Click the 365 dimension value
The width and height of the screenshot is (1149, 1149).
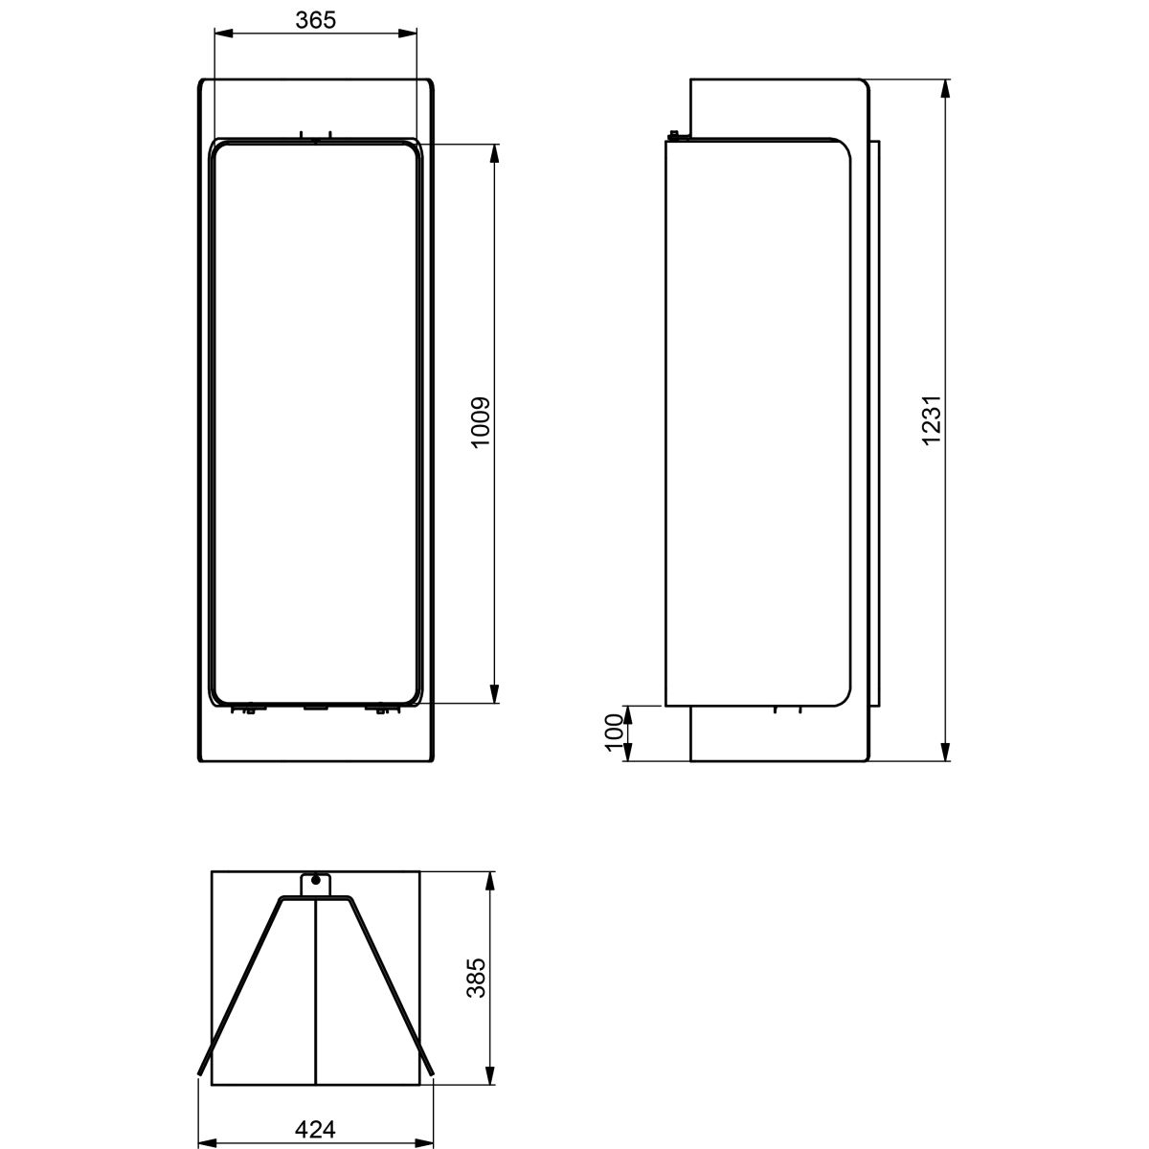tap(315, 20)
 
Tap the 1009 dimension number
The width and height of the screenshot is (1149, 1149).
tap(480, 422)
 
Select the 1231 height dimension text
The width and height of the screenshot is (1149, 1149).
tap(931, 419)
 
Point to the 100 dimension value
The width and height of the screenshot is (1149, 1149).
tap(614, 732)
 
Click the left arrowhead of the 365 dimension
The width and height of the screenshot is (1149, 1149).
tap(222, 34)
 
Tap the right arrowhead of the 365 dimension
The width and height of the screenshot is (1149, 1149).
tap(409, 34)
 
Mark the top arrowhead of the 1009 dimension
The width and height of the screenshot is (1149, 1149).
tap(494, 153)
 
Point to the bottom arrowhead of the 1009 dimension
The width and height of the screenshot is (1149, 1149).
tap(494, 694)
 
